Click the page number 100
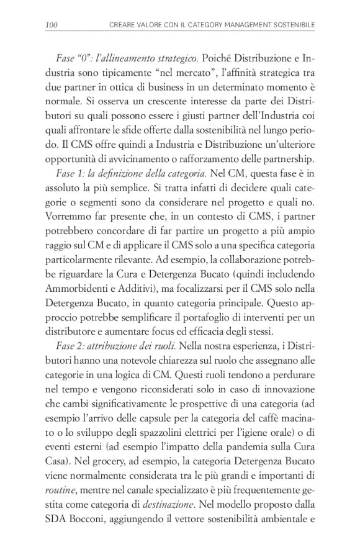[52, 24]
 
